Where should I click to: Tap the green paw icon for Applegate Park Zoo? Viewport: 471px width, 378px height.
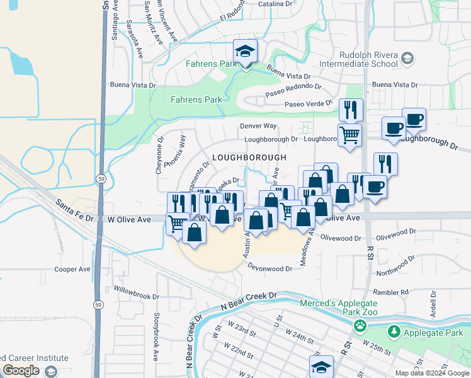pyautogui.click(x=360, y=326)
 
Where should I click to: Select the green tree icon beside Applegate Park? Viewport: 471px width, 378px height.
pyautogui.click(x=394, y=331)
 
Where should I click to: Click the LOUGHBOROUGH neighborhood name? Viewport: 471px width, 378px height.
pyautogui.click(x=249, y=157)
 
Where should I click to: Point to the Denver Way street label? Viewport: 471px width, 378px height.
pyautogui.click(x=258, y=126)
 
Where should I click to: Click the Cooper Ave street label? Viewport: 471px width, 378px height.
pyautogui.click(x=72, y=269)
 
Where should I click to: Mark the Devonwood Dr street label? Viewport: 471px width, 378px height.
pyautogui.click(x=271, y=268)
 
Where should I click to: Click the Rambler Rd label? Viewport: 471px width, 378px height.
pyautogui.click(x=390, y=292)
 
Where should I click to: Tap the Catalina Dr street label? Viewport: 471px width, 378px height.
pyautogui.click(x=276, y=4)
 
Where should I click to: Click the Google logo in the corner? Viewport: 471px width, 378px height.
pyautogui.click(x=21, y=370)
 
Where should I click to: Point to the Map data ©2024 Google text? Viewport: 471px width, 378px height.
pyautogui.click(x=431, y=373)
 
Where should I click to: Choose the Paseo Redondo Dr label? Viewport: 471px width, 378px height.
pyautogui.click(x=293, y=89)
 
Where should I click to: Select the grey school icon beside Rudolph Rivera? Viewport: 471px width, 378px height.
pyautogui.click(x=407, y=59)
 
